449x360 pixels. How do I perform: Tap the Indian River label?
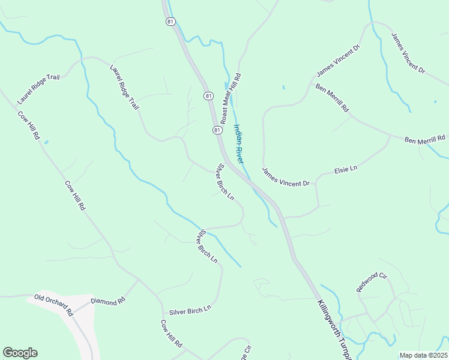coord(238,143)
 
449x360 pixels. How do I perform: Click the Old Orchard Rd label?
coord(53,305)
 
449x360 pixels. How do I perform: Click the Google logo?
coord(20,353)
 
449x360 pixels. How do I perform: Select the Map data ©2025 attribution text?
coord(424,355)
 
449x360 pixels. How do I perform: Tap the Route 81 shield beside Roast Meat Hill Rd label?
coord(208,96)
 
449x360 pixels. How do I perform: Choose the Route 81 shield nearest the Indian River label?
coord(217,130)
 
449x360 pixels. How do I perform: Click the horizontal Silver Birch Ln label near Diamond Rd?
coord(190,310)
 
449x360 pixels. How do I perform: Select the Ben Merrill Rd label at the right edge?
coord(425,140)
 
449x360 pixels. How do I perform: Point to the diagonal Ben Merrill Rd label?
coord(331,98)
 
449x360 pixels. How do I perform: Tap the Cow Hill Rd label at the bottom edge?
coord(171,334)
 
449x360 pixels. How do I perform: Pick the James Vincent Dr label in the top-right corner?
coord(408,53)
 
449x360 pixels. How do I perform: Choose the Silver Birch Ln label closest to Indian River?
coord(225,182)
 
